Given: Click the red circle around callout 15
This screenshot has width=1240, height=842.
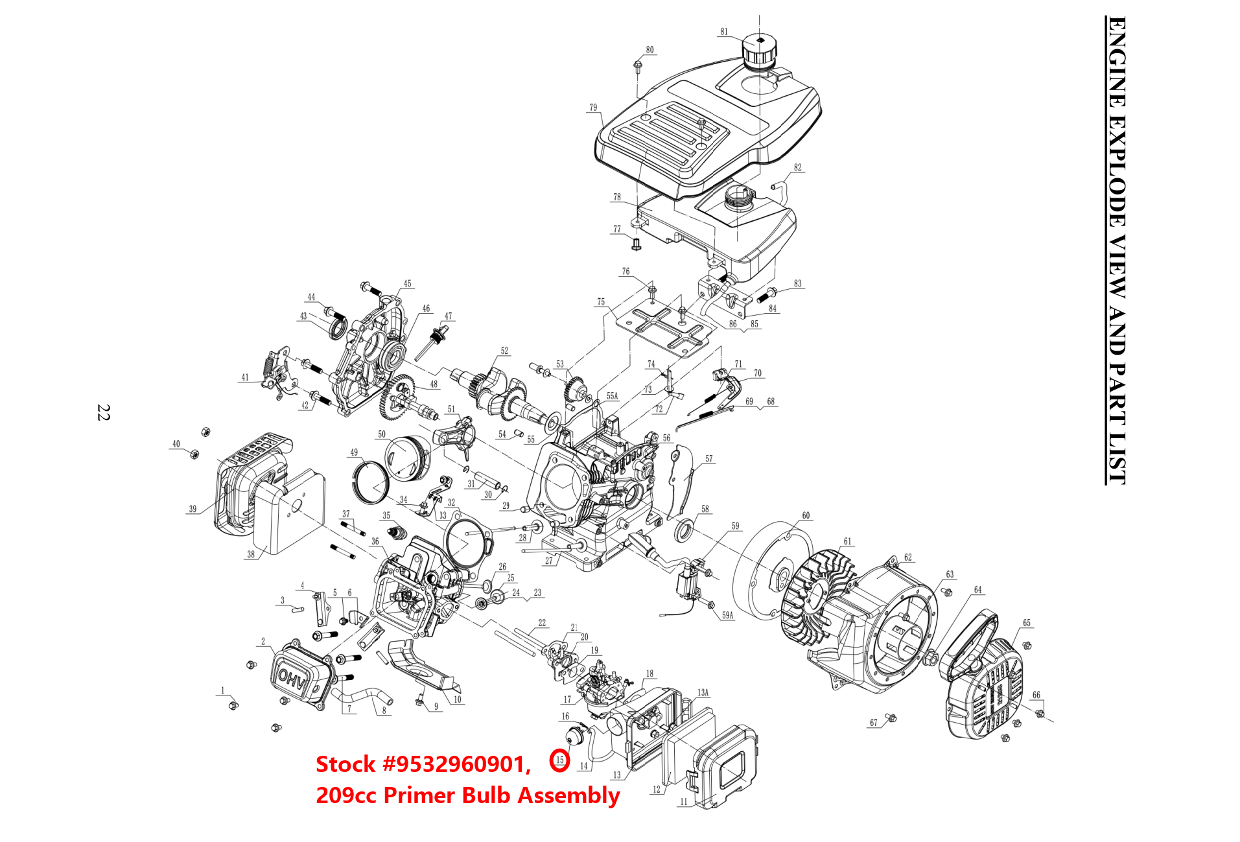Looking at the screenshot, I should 559,760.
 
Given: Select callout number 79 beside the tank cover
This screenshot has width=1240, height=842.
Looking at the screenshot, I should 593,108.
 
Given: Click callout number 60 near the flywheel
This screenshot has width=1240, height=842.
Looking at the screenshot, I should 806,516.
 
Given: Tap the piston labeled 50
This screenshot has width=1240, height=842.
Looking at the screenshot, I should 407,457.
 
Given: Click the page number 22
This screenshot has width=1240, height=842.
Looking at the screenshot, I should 104,412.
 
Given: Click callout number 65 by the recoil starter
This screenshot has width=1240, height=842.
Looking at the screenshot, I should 1027,623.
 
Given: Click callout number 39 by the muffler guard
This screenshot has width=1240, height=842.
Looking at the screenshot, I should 193,509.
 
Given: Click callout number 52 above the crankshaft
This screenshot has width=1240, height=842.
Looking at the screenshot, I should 504,351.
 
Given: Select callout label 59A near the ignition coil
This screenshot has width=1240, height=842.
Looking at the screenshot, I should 727,615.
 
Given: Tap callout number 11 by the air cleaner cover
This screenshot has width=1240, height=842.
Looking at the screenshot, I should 683,802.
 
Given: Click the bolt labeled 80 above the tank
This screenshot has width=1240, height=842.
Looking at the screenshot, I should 638,65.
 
